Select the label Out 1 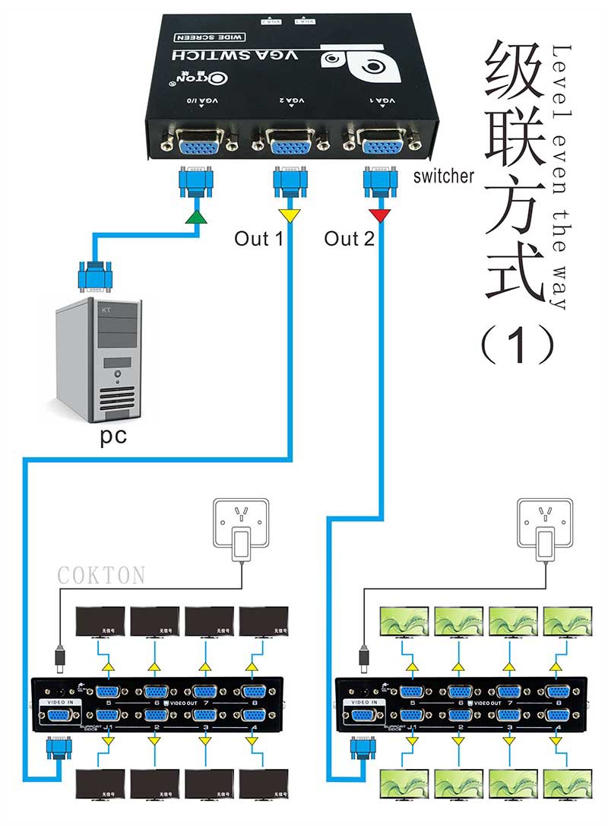(258, 239)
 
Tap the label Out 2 (350, 239)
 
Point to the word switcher (444, 176)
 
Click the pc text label (114, 438)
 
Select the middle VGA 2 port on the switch (289, 142)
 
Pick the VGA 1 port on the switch (380, 142)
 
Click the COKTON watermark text (101, 575)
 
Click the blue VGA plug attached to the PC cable (94, 275)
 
